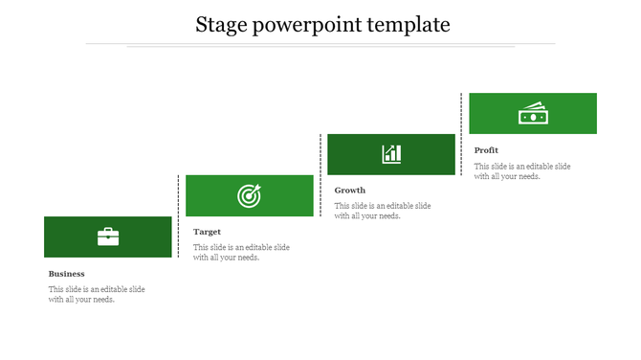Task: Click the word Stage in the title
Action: click(x=221, y=24)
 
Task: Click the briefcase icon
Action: click(x=108, y=236)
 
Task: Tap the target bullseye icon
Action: click(x=249, y=196)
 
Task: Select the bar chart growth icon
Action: click(x=391, y=154)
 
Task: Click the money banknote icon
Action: click(x=532, y=113)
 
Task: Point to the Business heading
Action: click(x=67, y=274)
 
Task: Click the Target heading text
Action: click(x=208, y=232)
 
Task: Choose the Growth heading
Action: click(x=350, y=191)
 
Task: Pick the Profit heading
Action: click(x=486, y=150)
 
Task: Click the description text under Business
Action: click(x=97, y=294)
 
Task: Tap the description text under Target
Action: click(x=241, y=252)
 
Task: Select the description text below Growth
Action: click(x=383, y=211)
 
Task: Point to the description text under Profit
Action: click(x=522, y=170)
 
